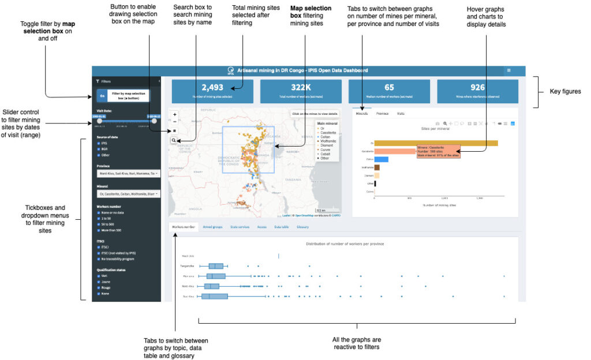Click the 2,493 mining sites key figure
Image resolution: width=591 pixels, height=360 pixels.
[x=212, y=91]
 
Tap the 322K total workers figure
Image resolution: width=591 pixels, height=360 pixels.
[x=300, y=91]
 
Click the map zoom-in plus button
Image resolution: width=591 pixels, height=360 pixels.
[x=175, y=114]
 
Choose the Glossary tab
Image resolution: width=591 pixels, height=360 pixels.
[x=302, y=227]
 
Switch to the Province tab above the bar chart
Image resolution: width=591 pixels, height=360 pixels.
[x=382, y=114]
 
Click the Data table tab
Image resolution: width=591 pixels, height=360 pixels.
[x=282, y=227]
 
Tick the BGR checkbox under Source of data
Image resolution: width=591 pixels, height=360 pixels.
[x=99, y=148]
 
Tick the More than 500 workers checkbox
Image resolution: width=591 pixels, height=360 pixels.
[x=99, y=231]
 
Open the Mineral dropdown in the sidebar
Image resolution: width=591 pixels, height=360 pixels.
[x=126, y=194]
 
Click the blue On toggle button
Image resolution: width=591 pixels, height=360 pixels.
[x=102, y=96]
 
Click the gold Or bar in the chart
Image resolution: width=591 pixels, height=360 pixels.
[x=436, y=143]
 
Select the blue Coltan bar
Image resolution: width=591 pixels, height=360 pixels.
[x=381, y=159]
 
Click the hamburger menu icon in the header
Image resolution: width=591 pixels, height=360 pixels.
[x=508, y=70]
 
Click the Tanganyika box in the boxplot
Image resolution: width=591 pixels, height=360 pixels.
[x=216, y=266]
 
